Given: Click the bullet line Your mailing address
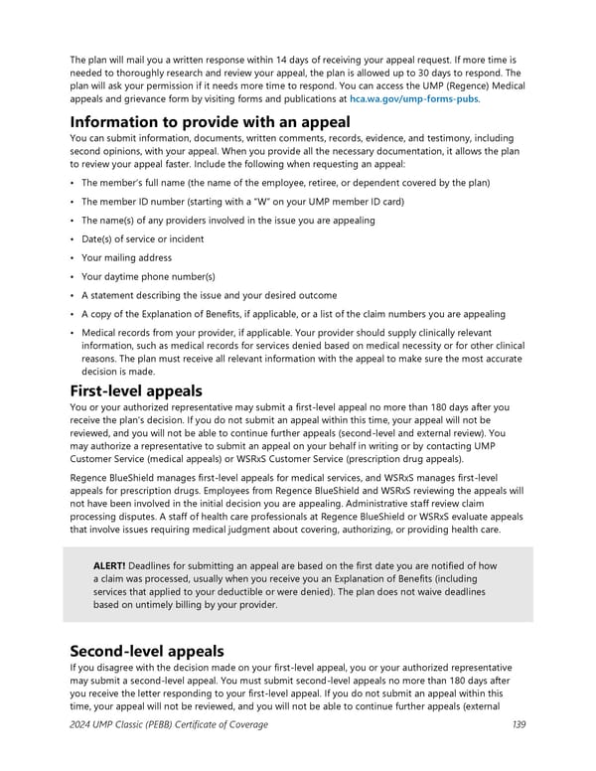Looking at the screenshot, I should pos(126,257).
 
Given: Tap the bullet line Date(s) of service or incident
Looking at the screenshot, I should pos(143,238).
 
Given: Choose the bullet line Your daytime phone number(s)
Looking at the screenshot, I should pos(148,276).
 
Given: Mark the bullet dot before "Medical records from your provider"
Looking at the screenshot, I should pos(74,333).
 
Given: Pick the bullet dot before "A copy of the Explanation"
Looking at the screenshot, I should pos(74,314).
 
